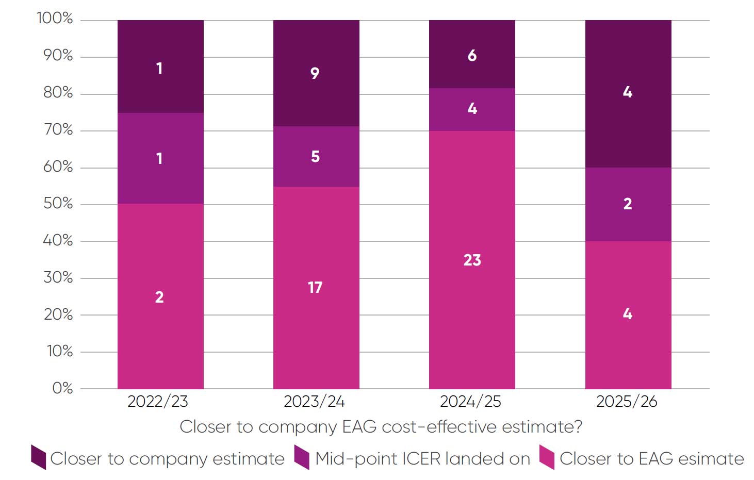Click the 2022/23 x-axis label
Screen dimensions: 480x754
click(x=158, y=401)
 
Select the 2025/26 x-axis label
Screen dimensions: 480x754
click(x=627, y=401)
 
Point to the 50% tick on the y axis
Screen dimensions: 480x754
click(x=58, y=204)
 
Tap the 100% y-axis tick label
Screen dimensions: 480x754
click(x=55, y=19)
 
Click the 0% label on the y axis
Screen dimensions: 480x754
click(x=62, y=388)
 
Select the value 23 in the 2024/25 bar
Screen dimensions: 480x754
click(x=472, y=260)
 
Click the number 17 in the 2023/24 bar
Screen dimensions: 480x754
click(x=315, y=287)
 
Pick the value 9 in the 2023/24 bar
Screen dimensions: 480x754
click(x=315, y=73)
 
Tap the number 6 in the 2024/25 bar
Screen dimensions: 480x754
click(x=472, y=56)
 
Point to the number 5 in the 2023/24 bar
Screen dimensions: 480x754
click(x=315, y=157)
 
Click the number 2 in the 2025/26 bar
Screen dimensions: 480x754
click(x=628, y=204)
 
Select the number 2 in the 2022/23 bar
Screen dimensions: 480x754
click(x=159, y=297)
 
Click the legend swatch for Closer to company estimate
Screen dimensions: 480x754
click(x=39, y=457)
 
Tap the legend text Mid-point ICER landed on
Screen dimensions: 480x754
click(x=422, y=458)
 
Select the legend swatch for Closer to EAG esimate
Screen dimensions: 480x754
click(x=547, y=457)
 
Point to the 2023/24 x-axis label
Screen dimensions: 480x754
click(x=314, y=401)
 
